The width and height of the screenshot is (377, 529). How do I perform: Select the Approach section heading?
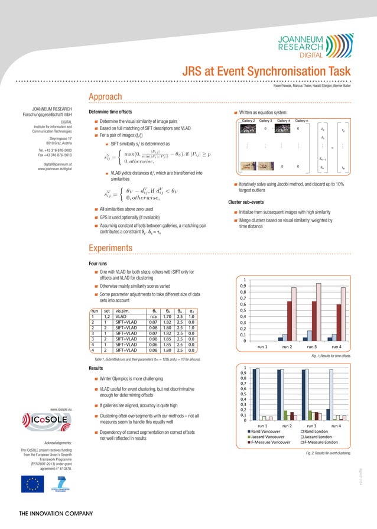[105, 97]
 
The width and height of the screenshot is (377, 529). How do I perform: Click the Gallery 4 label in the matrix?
[284, 121]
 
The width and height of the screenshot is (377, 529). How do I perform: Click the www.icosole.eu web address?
[61, 409]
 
